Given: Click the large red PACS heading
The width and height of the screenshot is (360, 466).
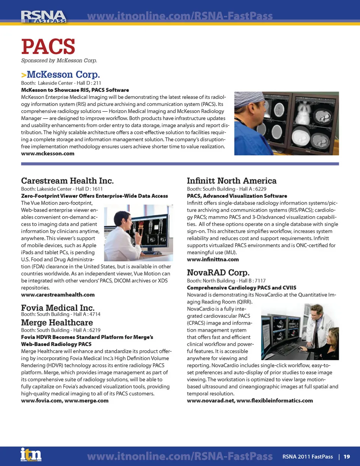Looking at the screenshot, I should pyautogui.click(x=48, y=47).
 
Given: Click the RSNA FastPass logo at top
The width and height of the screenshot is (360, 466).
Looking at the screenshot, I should pyautogui.click(x=43, y=17).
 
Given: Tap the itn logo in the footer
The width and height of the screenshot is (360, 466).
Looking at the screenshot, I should pyautogui.click(x=31, y=455).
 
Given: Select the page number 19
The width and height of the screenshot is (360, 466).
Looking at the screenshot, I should pyautogui.click(x=346, y=457).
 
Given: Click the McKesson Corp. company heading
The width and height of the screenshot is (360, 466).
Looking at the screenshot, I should pyautogui.click(x=63, y=74).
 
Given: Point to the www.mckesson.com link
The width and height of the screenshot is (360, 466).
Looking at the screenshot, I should pyautogui.click(x=48, y=153).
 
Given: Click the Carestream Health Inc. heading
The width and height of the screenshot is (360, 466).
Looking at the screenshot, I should pyautogui.click(x=67, y=181).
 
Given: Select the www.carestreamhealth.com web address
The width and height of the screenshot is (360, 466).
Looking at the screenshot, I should pyautogui.click(x=58, y=295).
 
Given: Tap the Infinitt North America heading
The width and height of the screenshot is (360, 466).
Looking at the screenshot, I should pyautogui.click(x=231, y=181).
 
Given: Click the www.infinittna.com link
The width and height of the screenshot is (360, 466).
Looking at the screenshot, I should pyautogui.click(x=213, y=260).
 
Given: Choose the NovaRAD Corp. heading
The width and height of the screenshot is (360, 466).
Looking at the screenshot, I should pyautogui.click(x=218, y=272).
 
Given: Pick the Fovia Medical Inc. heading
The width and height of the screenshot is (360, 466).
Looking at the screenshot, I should pyautogui.click(x=57, y=308).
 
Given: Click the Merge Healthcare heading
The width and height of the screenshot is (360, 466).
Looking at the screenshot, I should pyautogui.click(x=57, y=323).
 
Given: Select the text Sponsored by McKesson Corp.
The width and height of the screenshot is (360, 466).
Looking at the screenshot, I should pyautogui.click(x=59, y=60).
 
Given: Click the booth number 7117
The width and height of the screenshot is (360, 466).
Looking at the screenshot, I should pyautogui.click(x=260, y=281).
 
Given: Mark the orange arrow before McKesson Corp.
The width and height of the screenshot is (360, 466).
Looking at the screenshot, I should pyautogui.click(x=24, y=75).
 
